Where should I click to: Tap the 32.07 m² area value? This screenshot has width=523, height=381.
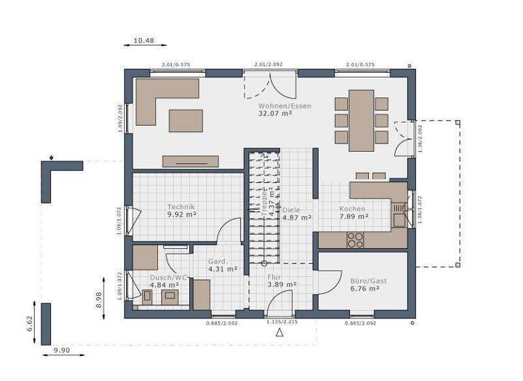(275, 114)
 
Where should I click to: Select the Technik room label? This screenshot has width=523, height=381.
(182, 206)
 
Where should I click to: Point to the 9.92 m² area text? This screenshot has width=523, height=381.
(182, 214)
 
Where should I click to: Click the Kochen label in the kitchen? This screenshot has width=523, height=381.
(353, 209)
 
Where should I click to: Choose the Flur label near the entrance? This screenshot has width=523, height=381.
(274, 277)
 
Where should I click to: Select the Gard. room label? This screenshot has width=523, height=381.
(217, 261)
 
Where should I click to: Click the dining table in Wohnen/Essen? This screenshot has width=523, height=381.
(362, 120)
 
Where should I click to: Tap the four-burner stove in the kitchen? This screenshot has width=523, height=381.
(355, 239)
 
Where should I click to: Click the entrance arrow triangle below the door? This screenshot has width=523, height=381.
(279, 333)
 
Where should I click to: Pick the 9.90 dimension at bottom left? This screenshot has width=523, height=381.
(62, 350)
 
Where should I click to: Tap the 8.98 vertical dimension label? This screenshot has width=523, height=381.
(99, 300)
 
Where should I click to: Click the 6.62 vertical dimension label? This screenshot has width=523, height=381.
(30, 324)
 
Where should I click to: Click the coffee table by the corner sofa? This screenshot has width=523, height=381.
(186, 120)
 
